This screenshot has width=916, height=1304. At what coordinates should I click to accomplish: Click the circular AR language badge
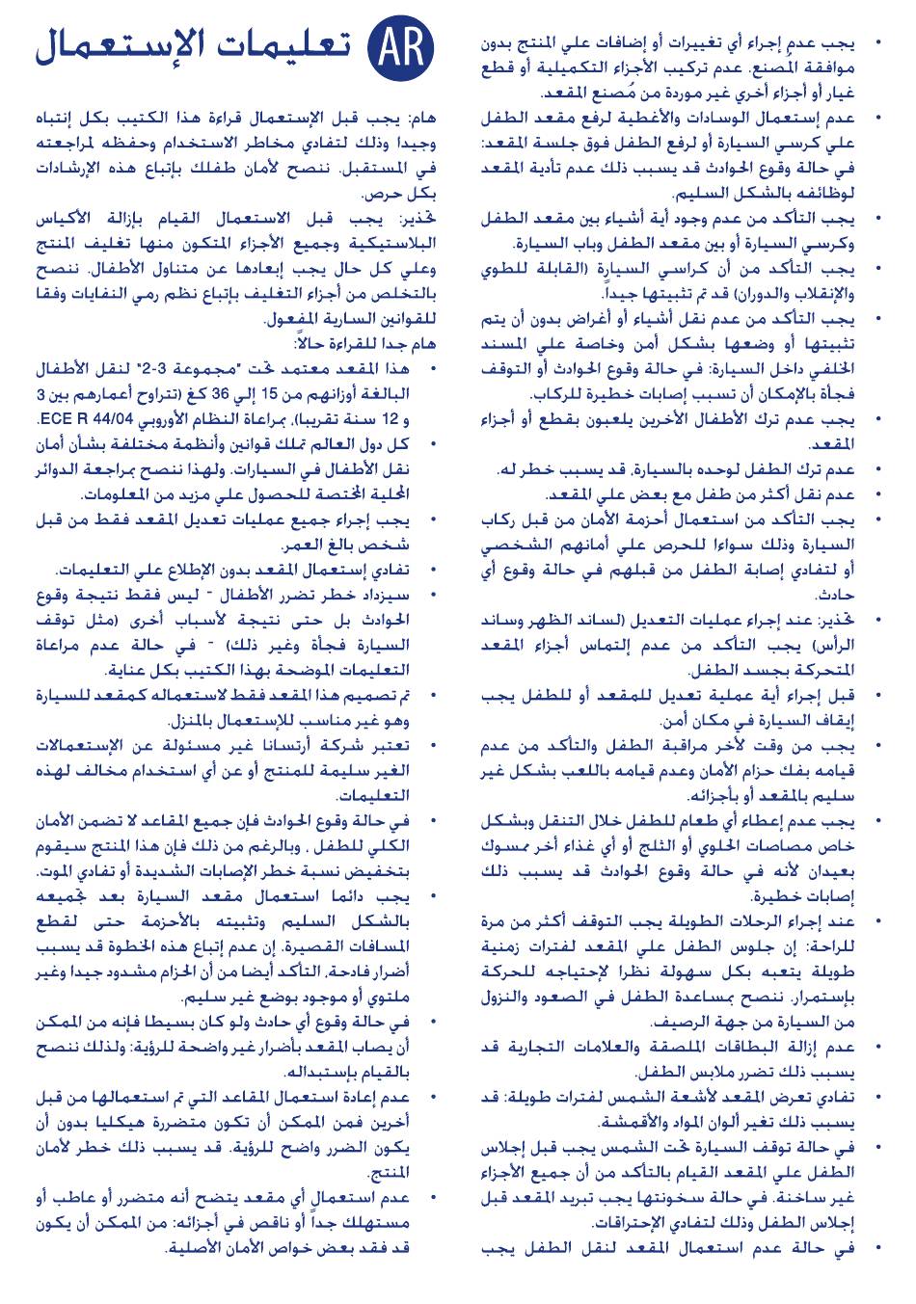tap(400, 45)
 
